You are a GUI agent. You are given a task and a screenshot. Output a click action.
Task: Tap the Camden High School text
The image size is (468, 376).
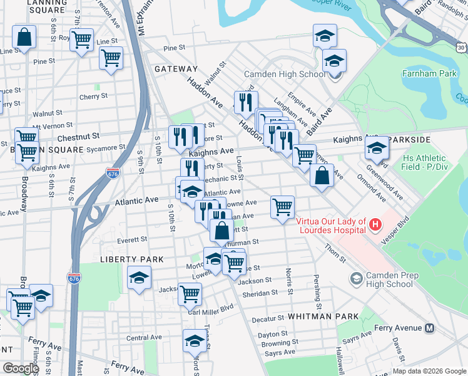pos(285,74)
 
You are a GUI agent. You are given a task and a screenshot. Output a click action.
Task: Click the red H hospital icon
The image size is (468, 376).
pos(375,224)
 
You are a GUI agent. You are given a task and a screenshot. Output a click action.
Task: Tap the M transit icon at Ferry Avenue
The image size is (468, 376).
pos(430,328)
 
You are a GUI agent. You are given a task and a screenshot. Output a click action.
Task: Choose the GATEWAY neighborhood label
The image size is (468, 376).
pos(176,69)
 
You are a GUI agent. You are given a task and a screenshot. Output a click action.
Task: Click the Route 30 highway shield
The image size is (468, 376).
pos(461,47)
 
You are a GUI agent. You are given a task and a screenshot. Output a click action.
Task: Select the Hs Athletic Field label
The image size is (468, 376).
pos(425,162)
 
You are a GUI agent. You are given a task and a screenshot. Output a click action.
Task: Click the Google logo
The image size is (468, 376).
pos(21,368)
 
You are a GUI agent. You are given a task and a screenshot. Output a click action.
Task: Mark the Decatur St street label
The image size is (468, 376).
pos(268,320)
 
